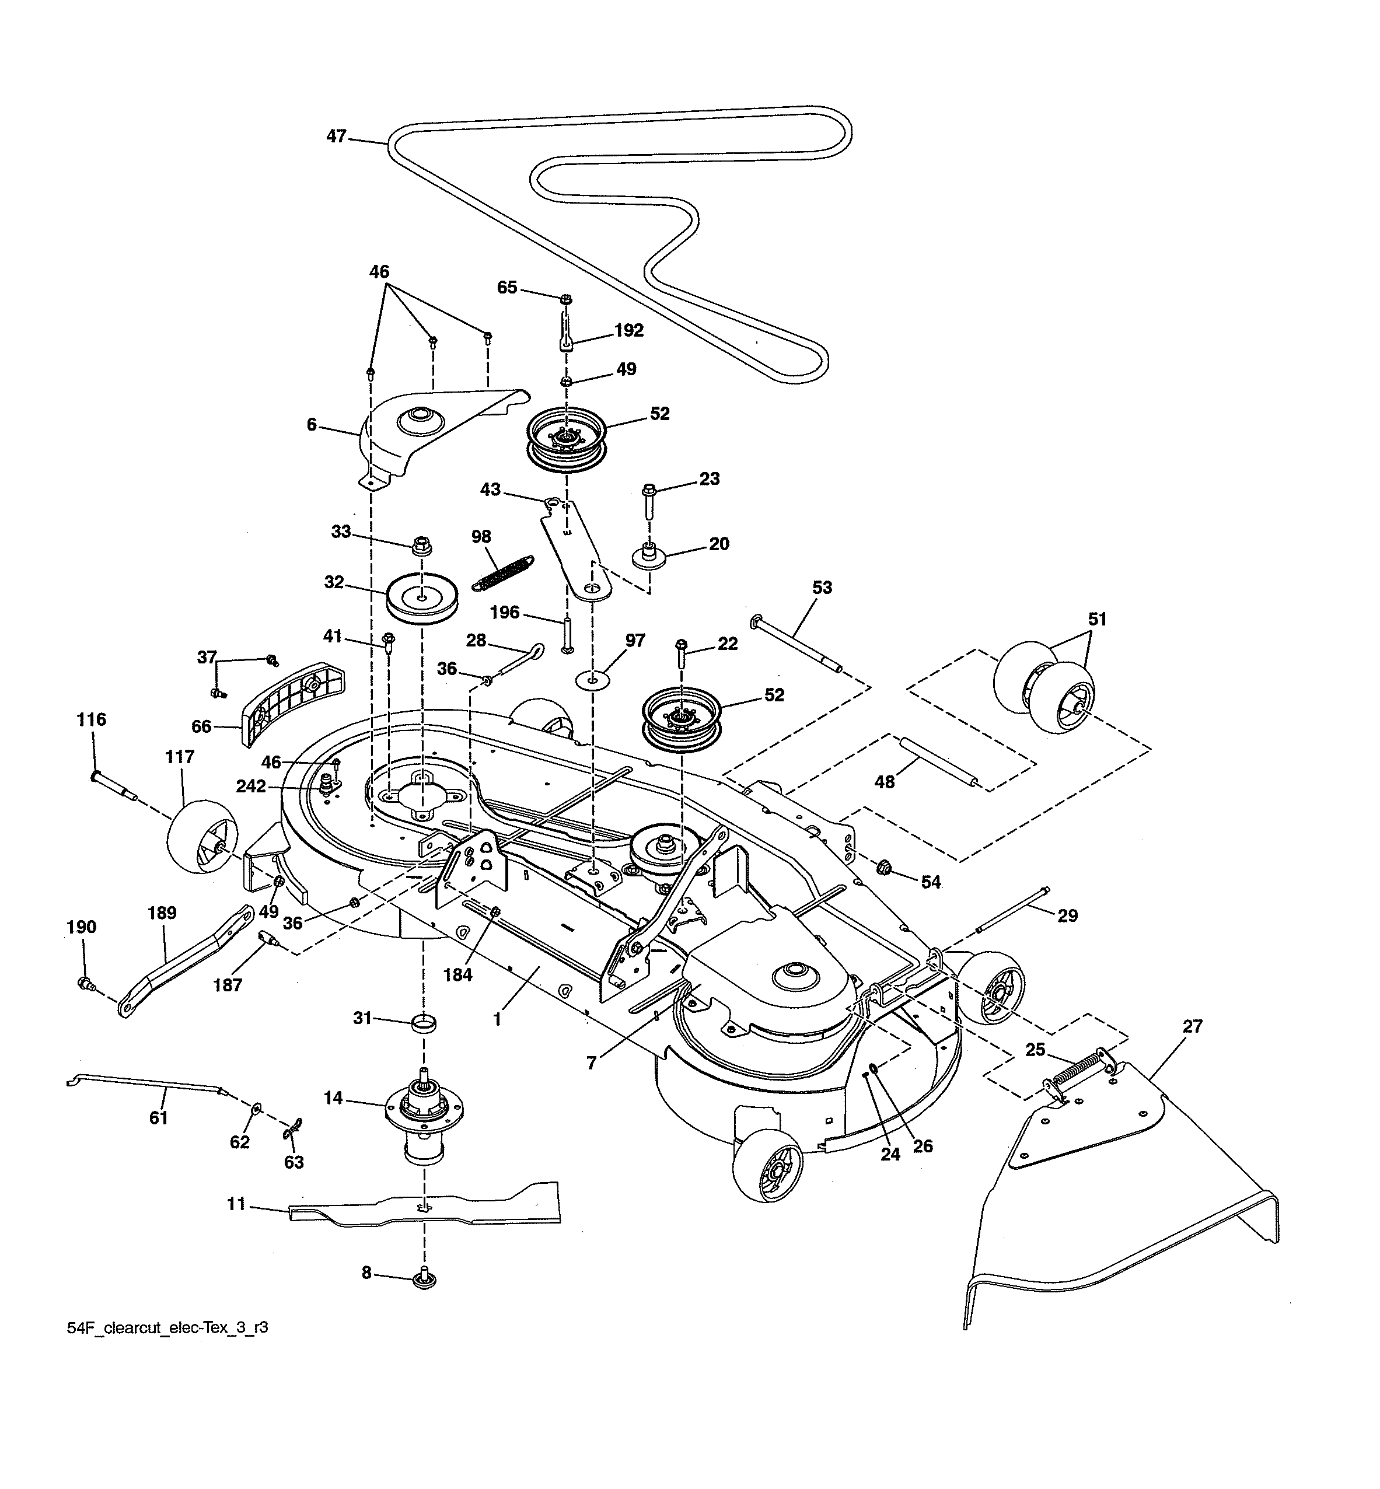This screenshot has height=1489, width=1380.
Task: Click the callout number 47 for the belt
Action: tap(336, 137)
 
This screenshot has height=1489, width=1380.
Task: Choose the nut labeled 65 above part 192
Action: tap(566, 300)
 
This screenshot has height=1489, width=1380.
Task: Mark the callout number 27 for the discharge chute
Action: tap(1193, 1027)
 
